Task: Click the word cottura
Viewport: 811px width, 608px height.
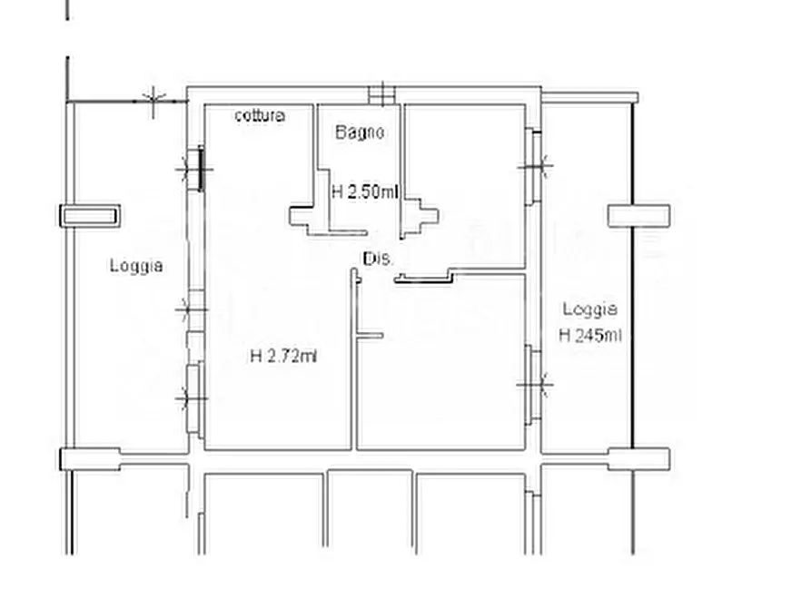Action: pyautogui.click(x=260, y=114)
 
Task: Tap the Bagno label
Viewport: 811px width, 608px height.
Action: pyautogui.click(x=360, y=132)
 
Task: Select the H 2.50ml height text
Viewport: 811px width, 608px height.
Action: pyautogui.click(x=365, y=192)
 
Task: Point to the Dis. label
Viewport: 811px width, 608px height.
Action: pyautogui.click(x=378, y=259)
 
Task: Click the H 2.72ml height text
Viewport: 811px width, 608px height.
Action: pyautogui.click(x=283, y=357)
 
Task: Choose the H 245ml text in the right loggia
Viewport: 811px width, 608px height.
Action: pyautogui.click(x=590, y=336)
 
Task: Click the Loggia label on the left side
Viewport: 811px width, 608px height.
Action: pyautogui.click(x=136, y=266)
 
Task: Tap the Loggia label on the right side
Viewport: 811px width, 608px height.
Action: pyautogui.click(x=590, y=309)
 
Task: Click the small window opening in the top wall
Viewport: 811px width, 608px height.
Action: pyautogui.click(x=381, y=95)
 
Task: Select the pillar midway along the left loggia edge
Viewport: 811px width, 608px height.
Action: pyautogui.click(x=91, y=216)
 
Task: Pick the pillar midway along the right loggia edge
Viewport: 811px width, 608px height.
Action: pyautogui.click(x=638, y=216)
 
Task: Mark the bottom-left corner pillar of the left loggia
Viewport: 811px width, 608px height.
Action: pyautogui.click(x=91, y=459)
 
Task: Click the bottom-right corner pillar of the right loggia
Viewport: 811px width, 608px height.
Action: pyautogui.click(x=638, y=459)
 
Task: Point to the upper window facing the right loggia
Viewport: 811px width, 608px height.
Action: pyautogui.click(x=533, y=166)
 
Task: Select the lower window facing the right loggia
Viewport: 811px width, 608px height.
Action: pyautogui.click(x=533, y=385)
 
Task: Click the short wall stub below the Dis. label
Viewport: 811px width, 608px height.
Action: pyautogui.click(x=370, y=336)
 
